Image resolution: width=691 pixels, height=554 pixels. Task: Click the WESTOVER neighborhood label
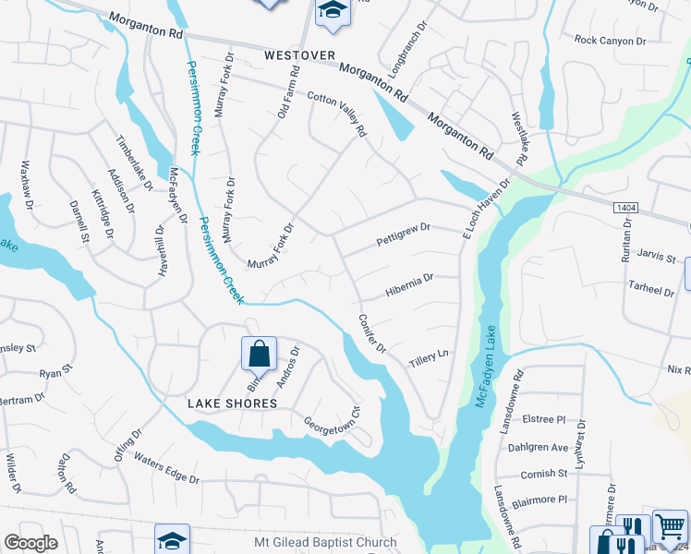298,55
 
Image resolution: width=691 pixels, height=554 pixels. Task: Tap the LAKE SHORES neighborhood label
232,403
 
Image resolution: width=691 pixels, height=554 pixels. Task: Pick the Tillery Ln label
429,356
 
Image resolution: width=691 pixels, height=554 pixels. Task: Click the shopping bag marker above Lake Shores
260,354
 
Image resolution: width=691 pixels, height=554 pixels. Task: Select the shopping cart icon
670,526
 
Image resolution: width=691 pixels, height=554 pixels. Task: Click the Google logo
30,543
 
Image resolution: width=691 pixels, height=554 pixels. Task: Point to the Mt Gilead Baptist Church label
325,543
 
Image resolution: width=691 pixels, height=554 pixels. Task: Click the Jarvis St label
656,259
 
